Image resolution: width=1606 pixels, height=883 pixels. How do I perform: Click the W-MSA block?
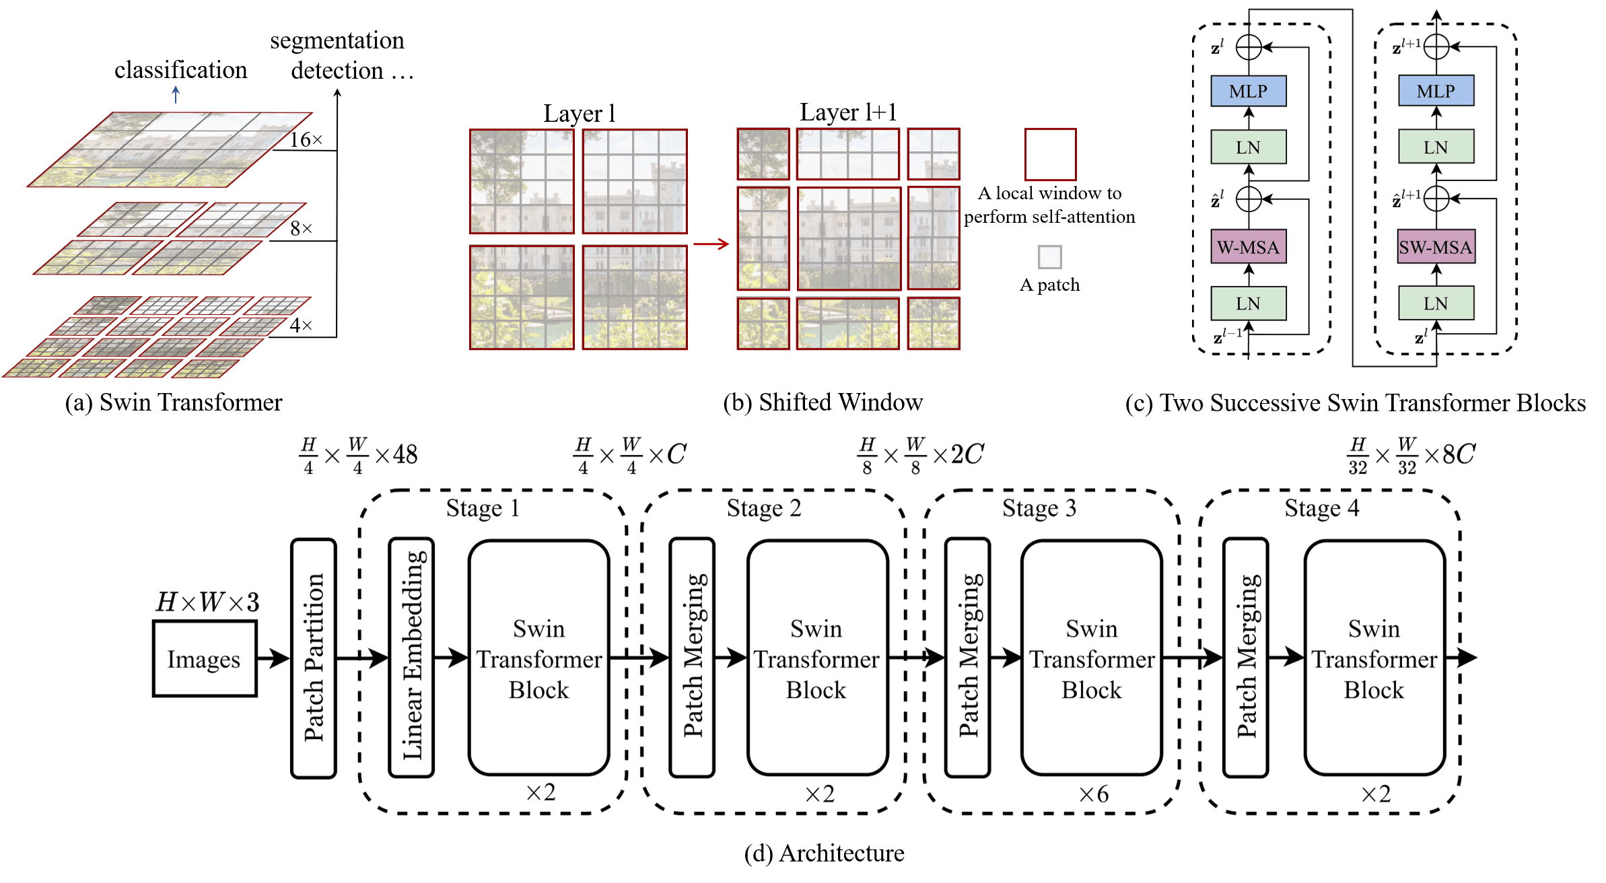[x=1248, y=247]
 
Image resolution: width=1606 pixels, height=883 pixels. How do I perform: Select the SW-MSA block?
[x=1436, y=247]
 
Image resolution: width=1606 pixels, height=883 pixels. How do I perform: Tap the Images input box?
[x=205, y=659]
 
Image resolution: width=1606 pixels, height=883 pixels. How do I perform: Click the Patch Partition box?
[x=314, y=658]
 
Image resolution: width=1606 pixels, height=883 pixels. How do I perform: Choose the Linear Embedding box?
[x=412, y=658]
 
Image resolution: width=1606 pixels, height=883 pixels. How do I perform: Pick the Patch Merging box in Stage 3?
[x=968, y=658]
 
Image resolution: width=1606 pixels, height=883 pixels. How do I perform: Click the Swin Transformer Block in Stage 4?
[x=1374, y=658]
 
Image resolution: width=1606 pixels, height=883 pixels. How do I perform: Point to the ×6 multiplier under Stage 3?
[x=1094, y=794]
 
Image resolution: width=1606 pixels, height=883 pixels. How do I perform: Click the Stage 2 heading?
[x=764, y=508]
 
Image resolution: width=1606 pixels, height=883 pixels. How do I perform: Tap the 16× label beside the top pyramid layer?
[x=306, y=139]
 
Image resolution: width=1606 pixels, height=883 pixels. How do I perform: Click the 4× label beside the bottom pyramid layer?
[x=301, y=325]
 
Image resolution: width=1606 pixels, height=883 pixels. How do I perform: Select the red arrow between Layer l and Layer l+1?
[x=711, y=244]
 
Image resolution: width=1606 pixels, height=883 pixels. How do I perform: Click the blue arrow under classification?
[x=176, y=95]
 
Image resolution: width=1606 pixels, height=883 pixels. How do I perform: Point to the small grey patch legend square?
[x=1050, y=256]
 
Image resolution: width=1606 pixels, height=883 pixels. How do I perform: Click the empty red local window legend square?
[x=1050, y=154]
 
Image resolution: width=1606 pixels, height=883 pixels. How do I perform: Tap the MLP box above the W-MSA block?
[x=1248, y=91]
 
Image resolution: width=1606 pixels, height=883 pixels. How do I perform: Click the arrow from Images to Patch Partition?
[x=273, y=658]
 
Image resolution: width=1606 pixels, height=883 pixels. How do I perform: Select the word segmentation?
[x=337, y=41]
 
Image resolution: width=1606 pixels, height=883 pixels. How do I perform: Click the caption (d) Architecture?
[x=824, y=853]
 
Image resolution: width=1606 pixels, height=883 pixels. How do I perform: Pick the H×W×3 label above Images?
[x=207, y=602]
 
